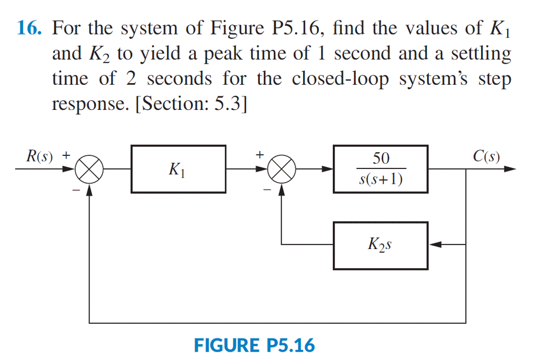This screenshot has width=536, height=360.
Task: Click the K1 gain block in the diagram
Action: pyautogui.click(x=178, y=170)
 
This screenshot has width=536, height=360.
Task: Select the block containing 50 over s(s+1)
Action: pyautogui.click(x=381, y=170)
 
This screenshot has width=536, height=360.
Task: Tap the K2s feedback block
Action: pyautogui.click(x=381, y=245)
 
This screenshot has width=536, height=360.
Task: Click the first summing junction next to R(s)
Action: pyautogui.click(x=90, y=170)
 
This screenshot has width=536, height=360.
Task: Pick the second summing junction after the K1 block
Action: pyautogui.click(x=282, y=170)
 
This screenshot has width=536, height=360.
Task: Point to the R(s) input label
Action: pyautogui.click(x=40, y=156)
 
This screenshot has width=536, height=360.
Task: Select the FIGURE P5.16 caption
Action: pyautogui.click(x=254, y=345)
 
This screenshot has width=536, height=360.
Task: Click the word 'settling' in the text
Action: pyautogui.click(x=481, y=54)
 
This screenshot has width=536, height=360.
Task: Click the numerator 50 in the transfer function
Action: pyautogui.click(x=381, y=159)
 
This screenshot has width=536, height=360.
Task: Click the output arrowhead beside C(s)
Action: pyautogui.click(x=510, y=170)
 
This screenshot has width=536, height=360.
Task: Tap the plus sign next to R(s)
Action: pyautogui.click(x=66, y=155)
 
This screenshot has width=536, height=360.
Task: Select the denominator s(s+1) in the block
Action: pyautogui.click(x=381, y=180)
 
